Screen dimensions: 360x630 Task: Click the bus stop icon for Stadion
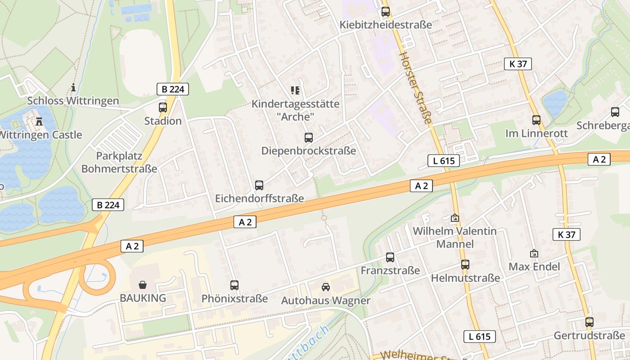163,108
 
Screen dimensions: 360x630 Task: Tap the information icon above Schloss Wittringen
73,87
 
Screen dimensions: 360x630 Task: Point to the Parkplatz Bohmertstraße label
119,162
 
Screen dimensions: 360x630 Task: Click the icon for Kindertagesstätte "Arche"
295,90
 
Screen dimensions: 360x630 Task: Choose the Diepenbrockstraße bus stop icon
308,138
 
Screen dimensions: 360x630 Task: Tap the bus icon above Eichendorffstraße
259,185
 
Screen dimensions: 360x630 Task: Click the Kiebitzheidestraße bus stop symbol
386,12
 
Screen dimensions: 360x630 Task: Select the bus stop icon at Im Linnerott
536,120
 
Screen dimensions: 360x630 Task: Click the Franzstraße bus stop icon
390,257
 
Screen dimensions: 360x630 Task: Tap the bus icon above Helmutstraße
465,265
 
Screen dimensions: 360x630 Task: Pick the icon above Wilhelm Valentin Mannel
455,218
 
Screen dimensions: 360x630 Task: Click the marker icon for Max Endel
534,253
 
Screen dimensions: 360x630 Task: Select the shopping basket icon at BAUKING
143,284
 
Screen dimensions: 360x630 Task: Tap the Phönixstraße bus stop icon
234,285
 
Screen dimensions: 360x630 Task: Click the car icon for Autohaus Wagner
325,287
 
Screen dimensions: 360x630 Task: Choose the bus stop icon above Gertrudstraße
589,322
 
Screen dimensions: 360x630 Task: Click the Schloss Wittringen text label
73,101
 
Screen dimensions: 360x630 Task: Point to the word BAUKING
143,298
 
